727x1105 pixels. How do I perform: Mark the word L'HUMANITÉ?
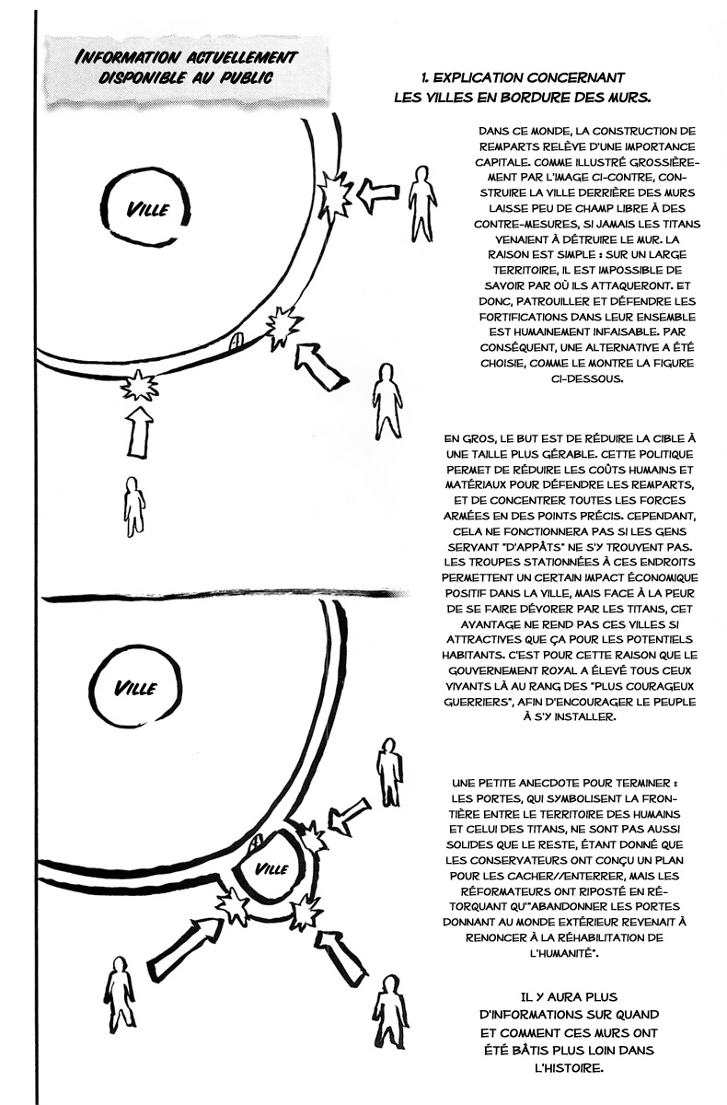tap(579, 956)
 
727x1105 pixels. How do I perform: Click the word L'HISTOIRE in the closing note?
tap(580, 1068)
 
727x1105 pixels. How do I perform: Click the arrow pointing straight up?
tap(139, 431)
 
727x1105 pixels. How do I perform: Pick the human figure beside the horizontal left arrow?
tap(423, 203)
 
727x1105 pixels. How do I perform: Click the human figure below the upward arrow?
tap(134, 506)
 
